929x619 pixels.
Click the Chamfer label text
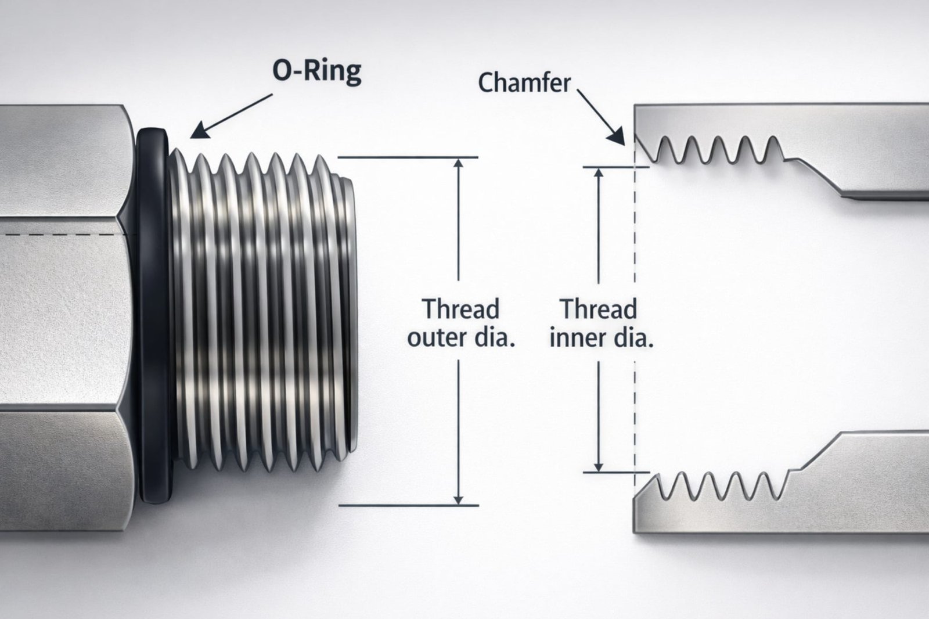pos(524,83)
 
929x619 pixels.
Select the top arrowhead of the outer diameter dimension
pos(459,164)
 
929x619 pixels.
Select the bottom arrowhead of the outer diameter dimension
pos(459,499)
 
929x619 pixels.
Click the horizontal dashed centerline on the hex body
pos(58,235)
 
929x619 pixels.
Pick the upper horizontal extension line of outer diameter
pos(406,157)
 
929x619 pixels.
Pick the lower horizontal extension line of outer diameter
pos(406,506)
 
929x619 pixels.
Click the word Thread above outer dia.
pos(460,309)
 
